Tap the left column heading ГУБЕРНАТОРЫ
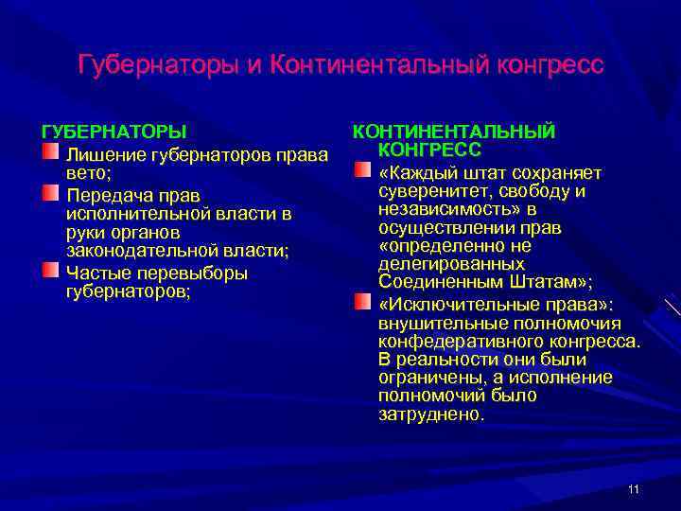[x=113, y=131]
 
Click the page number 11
[x=633, y=488]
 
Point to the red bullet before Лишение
[x=49, y=151]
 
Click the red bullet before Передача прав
[x=49, y=193]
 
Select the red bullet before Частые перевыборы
[x=49, y=271]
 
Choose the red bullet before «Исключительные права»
[x=362, y=302]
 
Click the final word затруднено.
[x=430, y=414]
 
